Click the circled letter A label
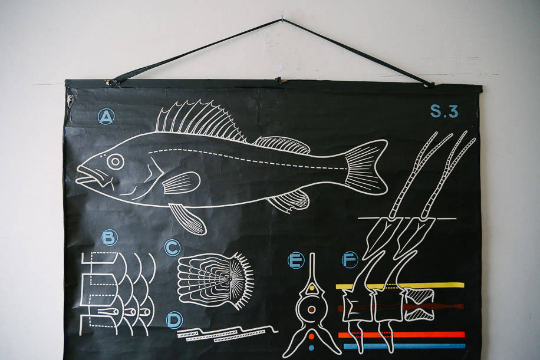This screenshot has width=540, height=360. click(106, 117)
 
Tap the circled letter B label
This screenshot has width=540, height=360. click(110, 237)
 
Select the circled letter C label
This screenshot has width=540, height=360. click(172, 247)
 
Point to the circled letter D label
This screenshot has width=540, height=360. click(174, 320)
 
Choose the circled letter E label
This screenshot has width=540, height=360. click(296, 260)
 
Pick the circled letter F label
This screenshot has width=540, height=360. click(350, 260)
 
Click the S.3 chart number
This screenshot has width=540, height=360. click(444, 111)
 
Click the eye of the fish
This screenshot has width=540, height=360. click(116, 161)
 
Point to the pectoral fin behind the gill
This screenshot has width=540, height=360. click(181, 183)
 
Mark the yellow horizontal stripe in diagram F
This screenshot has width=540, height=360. click(400, 285)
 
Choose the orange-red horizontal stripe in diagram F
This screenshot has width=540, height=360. click(401, 335)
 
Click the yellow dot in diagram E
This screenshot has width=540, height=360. click(312, 288)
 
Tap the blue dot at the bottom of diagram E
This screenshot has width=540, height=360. click(312, 348)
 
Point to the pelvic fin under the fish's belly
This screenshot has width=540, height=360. click(187, 219)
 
